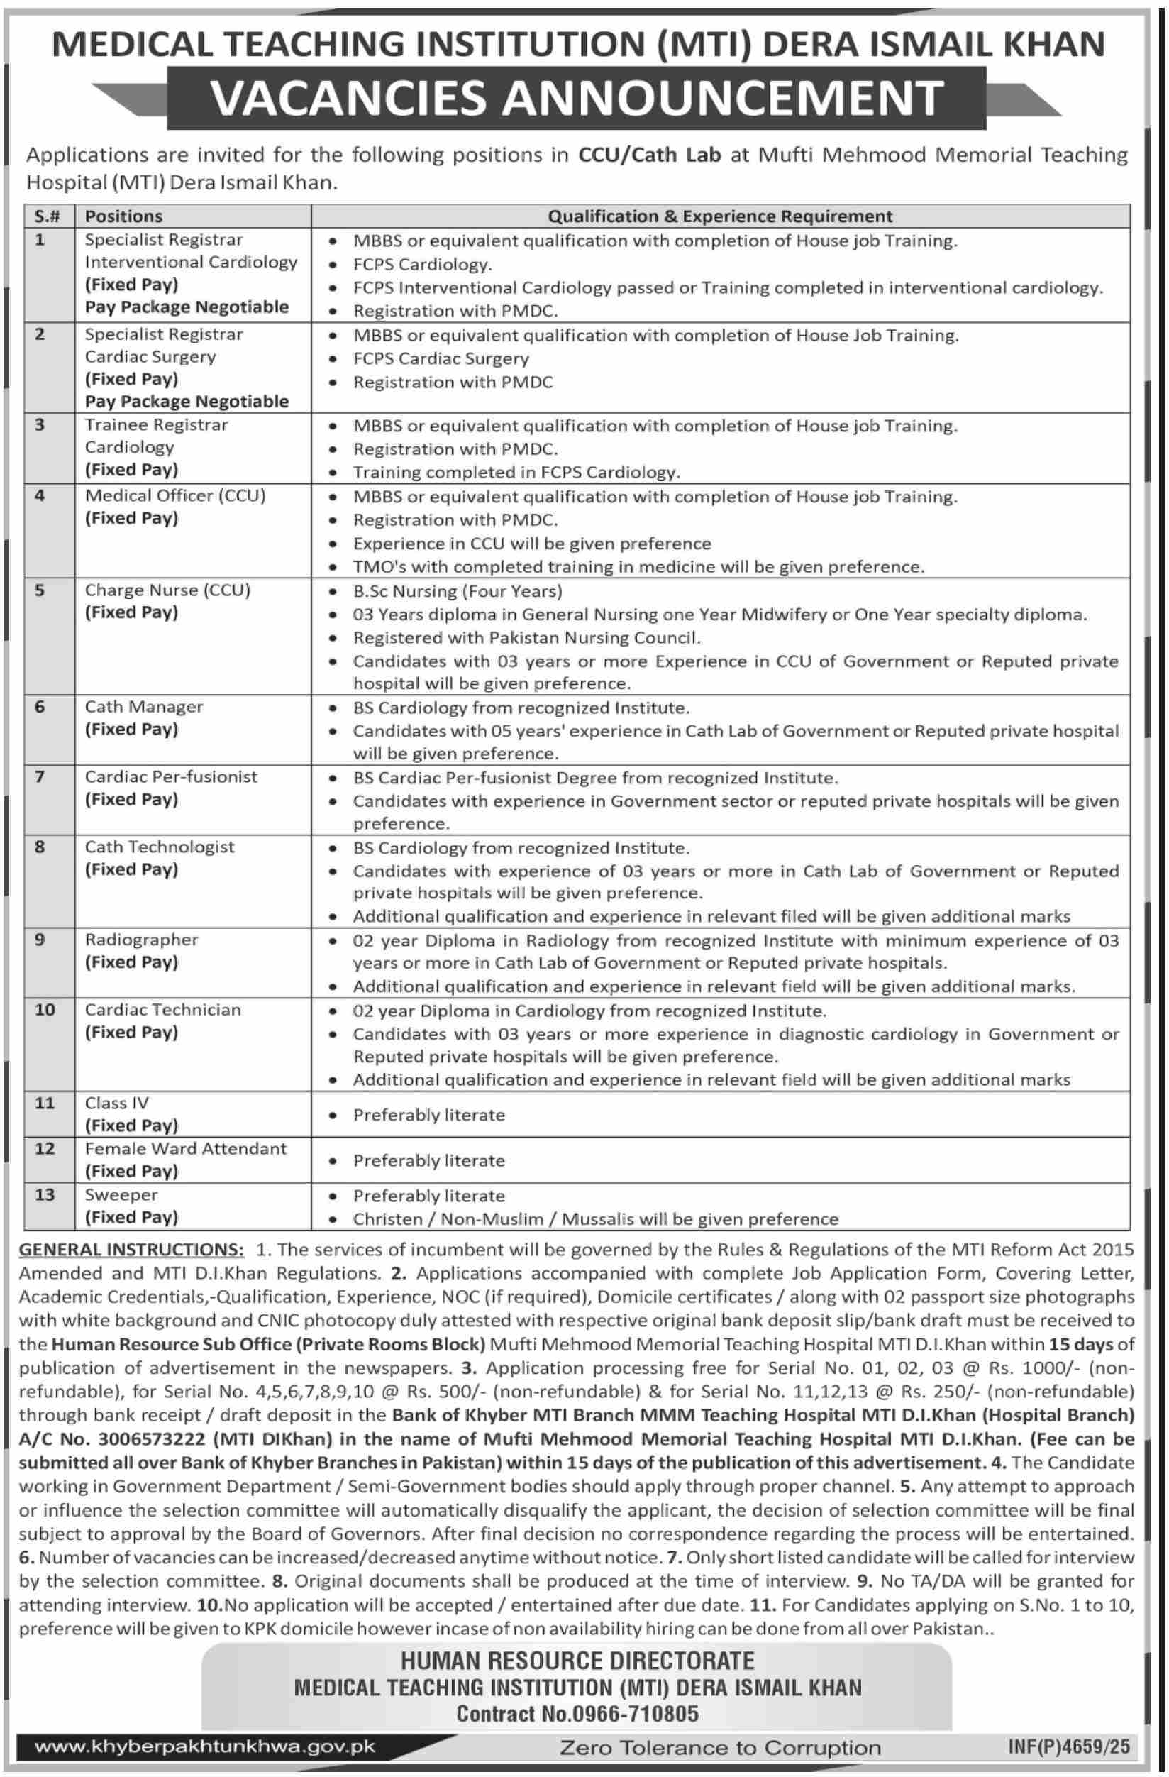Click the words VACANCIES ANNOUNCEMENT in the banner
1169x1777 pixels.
[577, 98]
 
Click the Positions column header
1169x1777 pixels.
[123, 216]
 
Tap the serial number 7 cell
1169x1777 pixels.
[40, 776]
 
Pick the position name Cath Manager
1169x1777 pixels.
[143, 706]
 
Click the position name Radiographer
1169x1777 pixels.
[141, 940]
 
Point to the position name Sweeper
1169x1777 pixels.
[121, 1194]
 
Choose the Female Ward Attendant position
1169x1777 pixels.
[185, 1148]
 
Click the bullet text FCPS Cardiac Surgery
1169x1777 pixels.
[441, 359]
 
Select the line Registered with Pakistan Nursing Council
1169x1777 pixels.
[526, 637]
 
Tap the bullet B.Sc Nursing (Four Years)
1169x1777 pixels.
[457, 591]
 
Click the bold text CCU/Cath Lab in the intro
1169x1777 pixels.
[650, 155]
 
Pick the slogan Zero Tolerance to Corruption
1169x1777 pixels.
[719, 1748]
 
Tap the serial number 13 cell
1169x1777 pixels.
[45, 1194]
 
